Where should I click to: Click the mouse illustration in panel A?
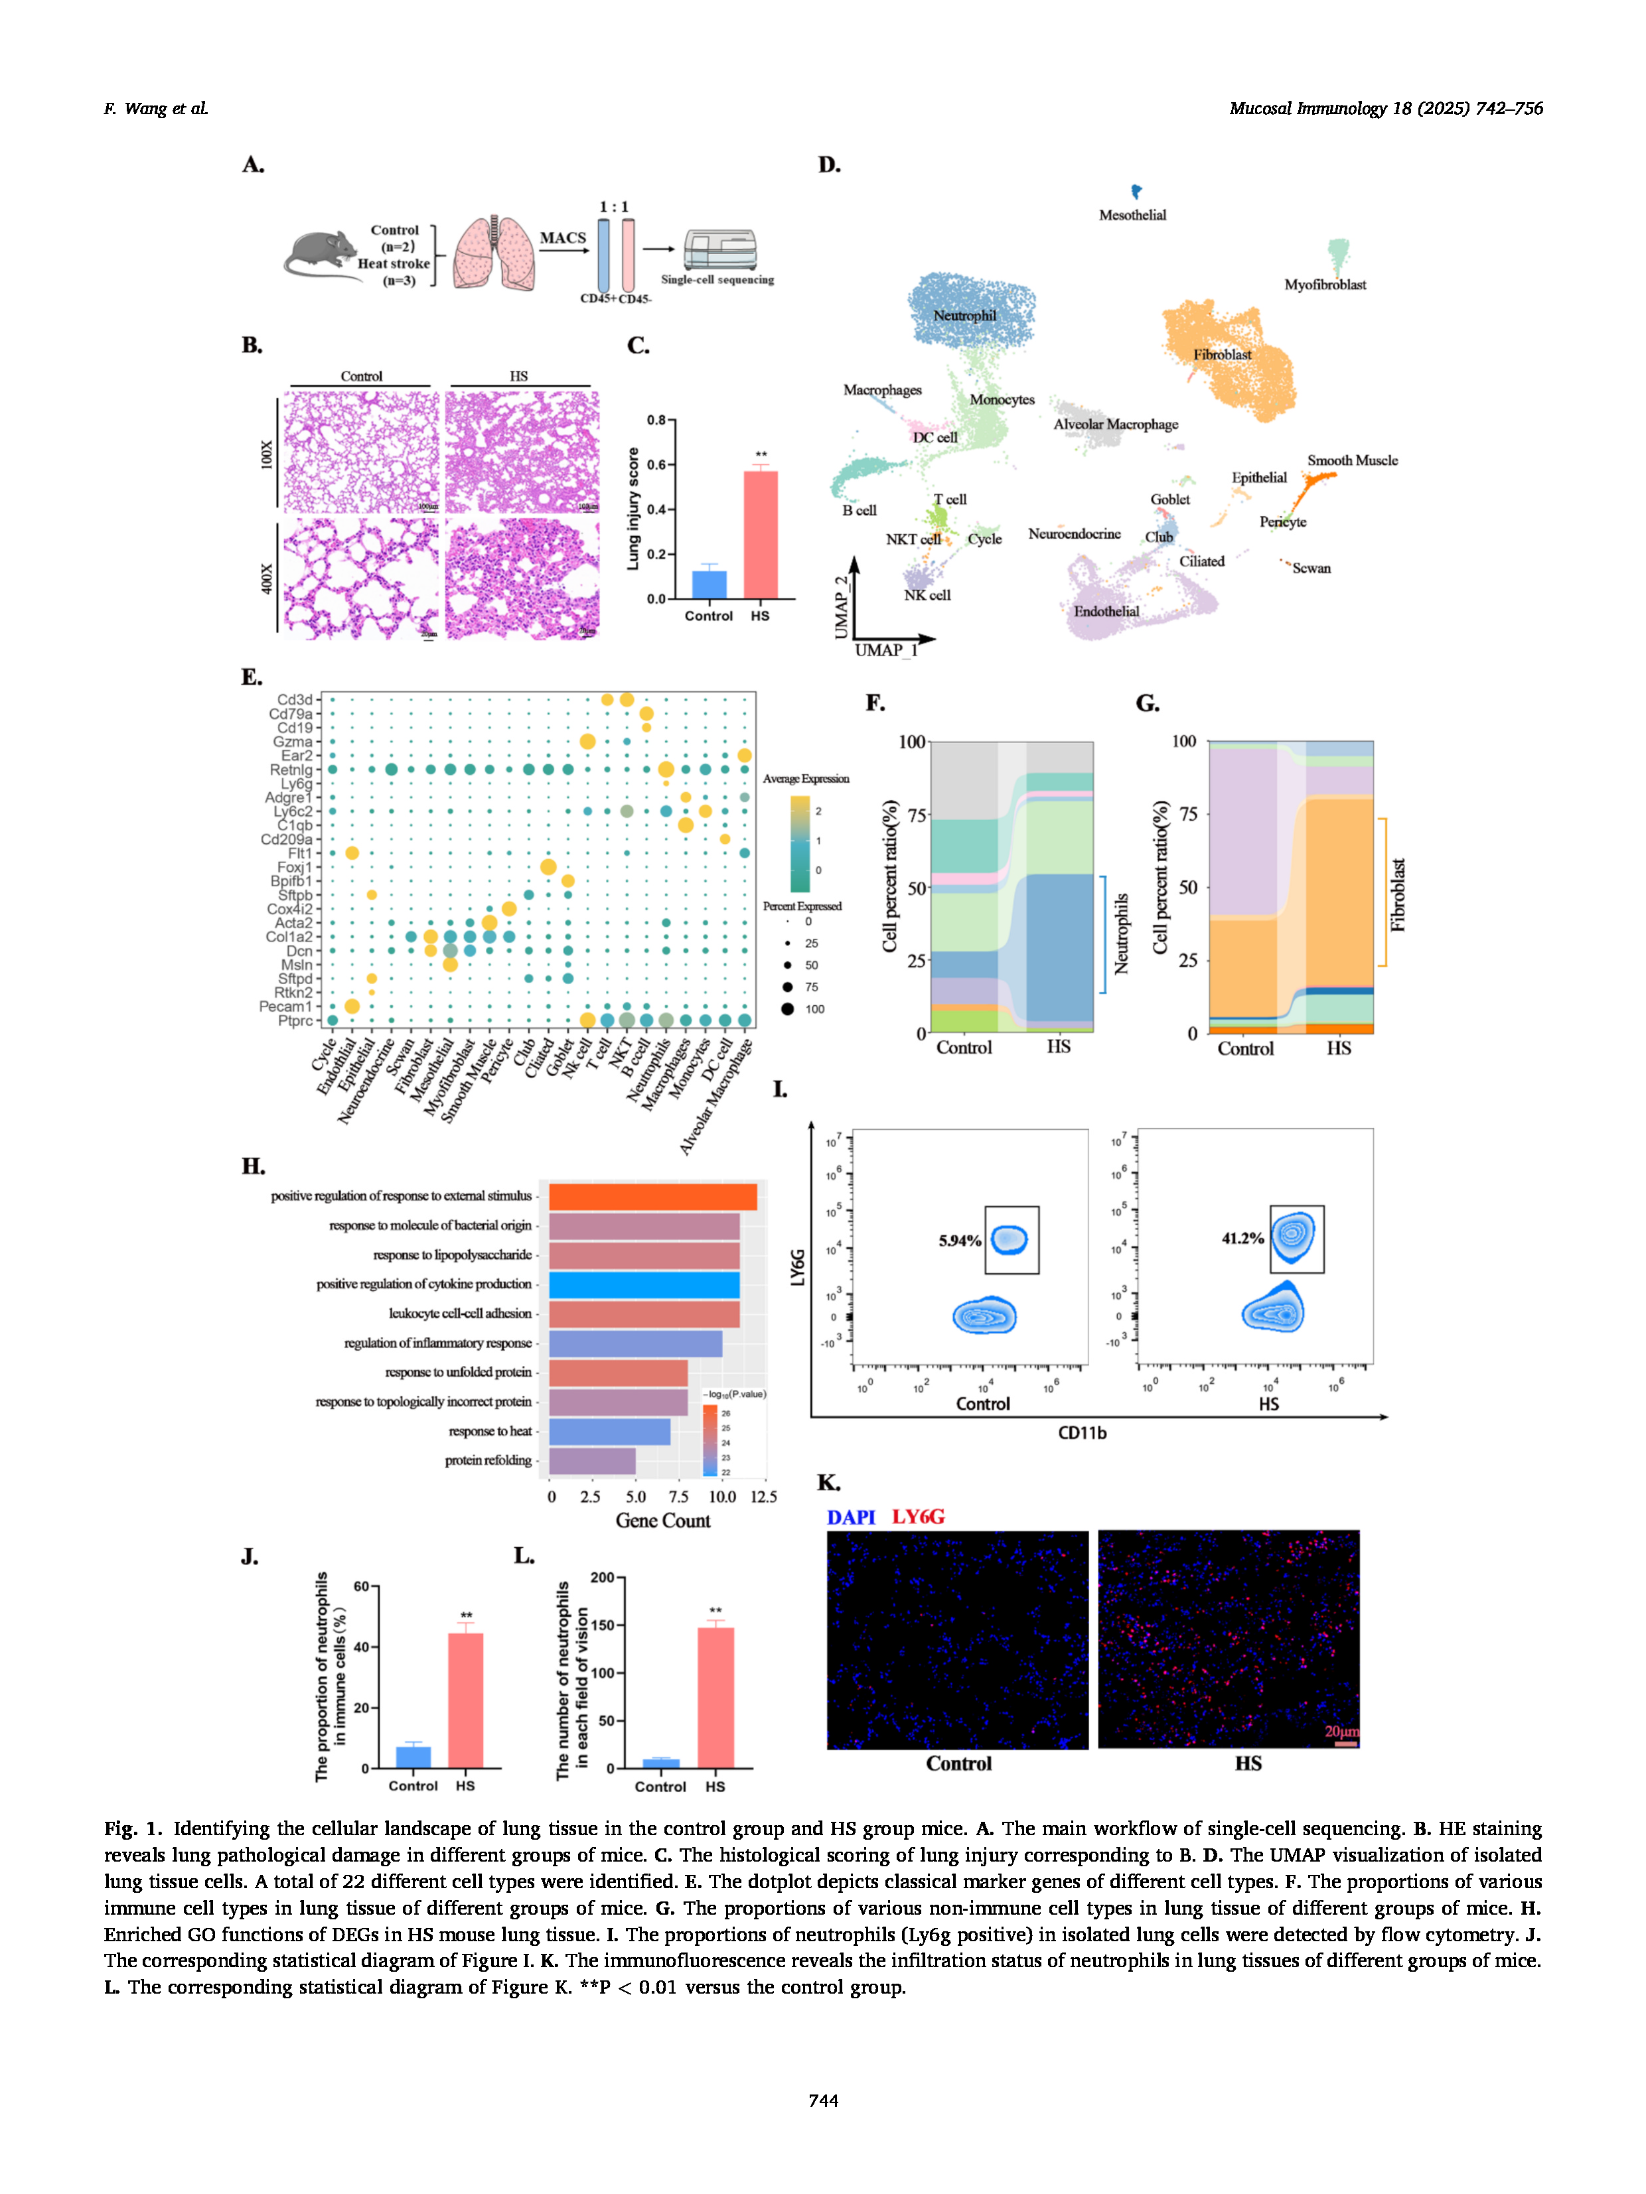point(323,255)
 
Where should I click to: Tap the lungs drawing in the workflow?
point(494,253)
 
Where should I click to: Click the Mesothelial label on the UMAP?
point(1132,215)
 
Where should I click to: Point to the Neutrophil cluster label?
point(964,315)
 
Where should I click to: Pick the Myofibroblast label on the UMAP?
point(1325,285)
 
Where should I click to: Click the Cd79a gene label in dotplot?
point(291,713)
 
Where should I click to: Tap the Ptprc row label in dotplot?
point(295,1020)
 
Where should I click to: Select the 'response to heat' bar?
point(609,1431)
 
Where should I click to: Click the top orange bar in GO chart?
point(652,1196)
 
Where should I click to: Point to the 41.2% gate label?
point(1242,1238)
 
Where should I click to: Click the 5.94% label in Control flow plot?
point(960,1241)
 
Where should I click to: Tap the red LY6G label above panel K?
point(918,1517)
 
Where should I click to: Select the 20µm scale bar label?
point(1341,1731)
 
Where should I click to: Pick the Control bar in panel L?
point(661,1763)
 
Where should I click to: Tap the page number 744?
point(822,2100)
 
